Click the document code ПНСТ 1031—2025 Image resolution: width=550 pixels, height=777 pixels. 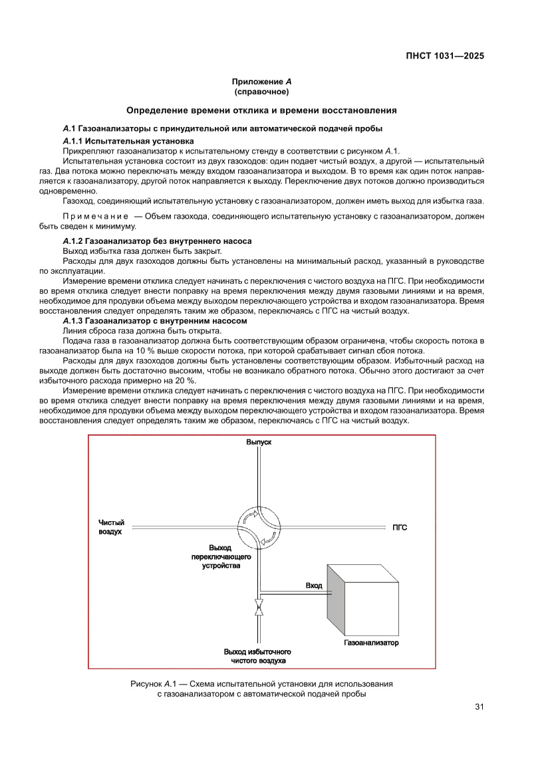tap(444, 56)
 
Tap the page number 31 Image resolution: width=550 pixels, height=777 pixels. tap(479, 707)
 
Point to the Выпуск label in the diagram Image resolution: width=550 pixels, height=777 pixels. tap(259, 442)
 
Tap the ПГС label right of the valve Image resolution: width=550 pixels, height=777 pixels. tap(400, 528)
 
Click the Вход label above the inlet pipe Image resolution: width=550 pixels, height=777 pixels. tap(313, 586)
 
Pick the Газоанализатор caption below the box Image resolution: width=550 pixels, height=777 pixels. tap(371, 643)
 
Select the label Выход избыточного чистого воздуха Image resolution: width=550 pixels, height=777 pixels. tap(258, 657)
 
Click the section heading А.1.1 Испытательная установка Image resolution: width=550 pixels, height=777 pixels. tap(128, 142)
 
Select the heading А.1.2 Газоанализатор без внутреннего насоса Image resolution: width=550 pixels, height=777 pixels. tap(157, 241)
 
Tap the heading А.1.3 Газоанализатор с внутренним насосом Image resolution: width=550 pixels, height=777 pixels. tap(154, 321)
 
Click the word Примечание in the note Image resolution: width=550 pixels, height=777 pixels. tap(95, 217)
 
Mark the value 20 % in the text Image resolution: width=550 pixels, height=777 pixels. tap(184, 380)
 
